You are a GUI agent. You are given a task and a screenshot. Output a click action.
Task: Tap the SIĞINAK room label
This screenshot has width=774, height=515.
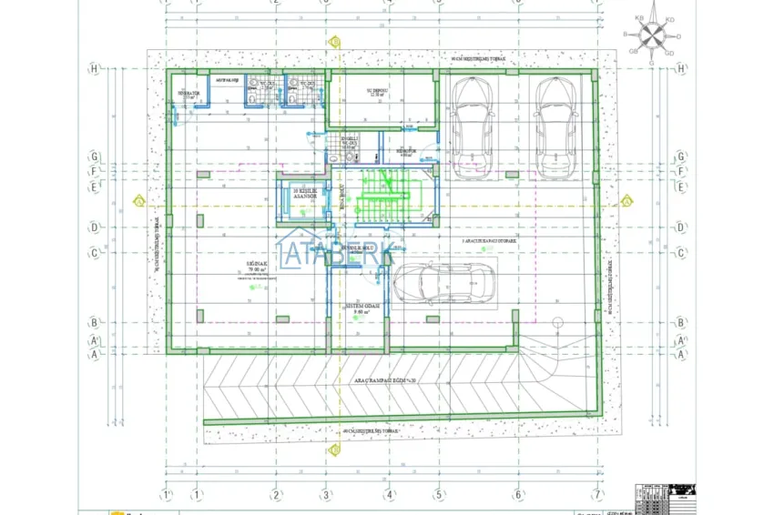(x=255, y=265)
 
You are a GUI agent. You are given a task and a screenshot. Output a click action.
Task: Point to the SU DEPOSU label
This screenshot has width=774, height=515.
(x=378, y=92)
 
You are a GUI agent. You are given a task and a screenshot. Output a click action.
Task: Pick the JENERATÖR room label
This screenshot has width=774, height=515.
(x=188, y=94)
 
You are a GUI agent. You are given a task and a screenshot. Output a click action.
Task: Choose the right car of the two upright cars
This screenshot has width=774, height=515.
(x=553, y=126)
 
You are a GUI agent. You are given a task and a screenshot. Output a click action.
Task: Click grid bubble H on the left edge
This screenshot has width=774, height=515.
(x=94, y=68)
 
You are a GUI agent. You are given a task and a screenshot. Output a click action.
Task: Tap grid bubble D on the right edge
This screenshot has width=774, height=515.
(x=681, y=227)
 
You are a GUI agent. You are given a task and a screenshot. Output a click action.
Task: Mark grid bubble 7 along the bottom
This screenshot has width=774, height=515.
(x=597, y=495)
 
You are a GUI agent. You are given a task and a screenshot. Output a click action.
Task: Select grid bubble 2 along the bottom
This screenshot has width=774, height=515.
(x=275, y=495)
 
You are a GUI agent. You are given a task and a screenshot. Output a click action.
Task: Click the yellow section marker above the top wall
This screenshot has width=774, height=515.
(x=335, y=42)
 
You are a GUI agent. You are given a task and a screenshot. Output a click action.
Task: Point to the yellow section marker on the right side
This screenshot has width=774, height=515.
(x=626, y=200)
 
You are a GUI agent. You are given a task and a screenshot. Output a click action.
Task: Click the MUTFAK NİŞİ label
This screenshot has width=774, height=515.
(x=224, y=80)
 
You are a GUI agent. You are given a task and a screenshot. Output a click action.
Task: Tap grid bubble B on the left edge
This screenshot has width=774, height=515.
(x=94, y=322)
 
